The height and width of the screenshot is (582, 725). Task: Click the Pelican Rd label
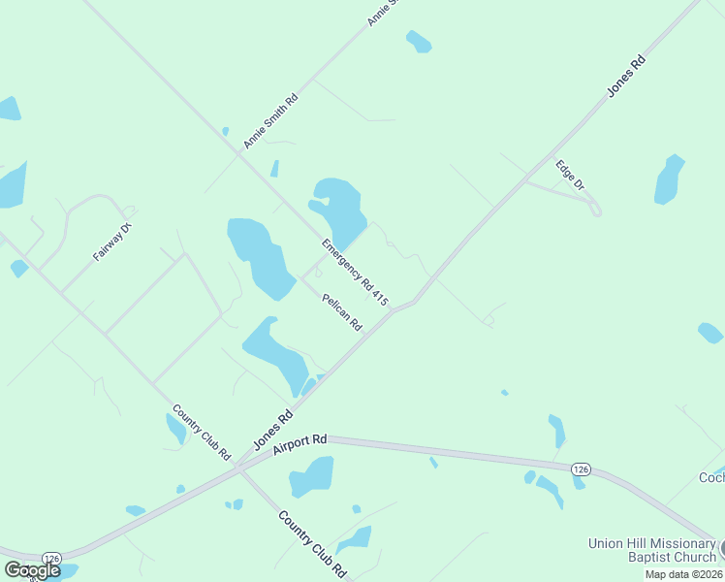[x=342, y=311]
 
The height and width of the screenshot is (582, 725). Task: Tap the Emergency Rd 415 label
[x=355, y=273]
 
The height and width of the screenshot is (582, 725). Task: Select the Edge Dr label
[x=570, y=174]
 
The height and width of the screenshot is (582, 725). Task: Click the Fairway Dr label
[x=111, y=242]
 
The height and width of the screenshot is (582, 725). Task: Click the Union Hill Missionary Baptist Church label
[x=651, y=550]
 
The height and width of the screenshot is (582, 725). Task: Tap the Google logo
[x=32, y=570]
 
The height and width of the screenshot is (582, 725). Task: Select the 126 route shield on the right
[x=581, y=469]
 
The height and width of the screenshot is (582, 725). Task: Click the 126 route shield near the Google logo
[x=52, y=558]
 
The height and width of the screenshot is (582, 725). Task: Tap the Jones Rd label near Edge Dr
[x=626, y=76]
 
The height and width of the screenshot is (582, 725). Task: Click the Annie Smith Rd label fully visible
[x=270, y=121]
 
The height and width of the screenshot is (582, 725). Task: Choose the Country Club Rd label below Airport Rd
[x=312, y=544]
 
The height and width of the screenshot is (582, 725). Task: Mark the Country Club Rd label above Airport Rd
[x=202, y=432]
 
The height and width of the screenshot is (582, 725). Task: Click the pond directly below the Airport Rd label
[x=312, y=476]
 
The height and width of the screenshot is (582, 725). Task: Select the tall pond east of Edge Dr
[x=669, y=179]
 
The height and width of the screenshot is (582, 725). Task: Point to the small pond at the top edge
[x=419, y=42]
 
